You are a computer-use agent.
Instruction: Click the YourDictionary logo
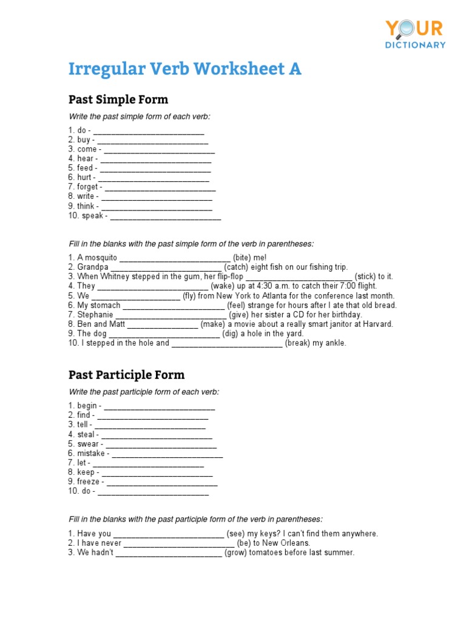point(415,34)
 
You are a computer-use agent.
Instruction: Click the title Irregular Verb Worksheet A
point(184,69)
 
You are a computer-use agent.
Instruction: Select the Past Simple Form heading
point(118,99)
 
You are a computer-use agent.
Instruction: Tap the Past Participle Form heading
point(126,375)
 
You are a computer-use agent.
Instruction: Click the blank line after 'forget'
point(160,187)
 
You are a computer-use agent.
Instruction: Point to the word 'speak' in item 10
point(93,216)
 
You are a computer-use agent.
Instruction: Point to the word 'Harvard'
point(378,324)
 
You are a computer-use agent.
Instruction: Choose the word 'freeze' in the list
point(89,482)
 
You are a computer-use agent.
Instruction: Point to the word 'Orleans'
point(295,543)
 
